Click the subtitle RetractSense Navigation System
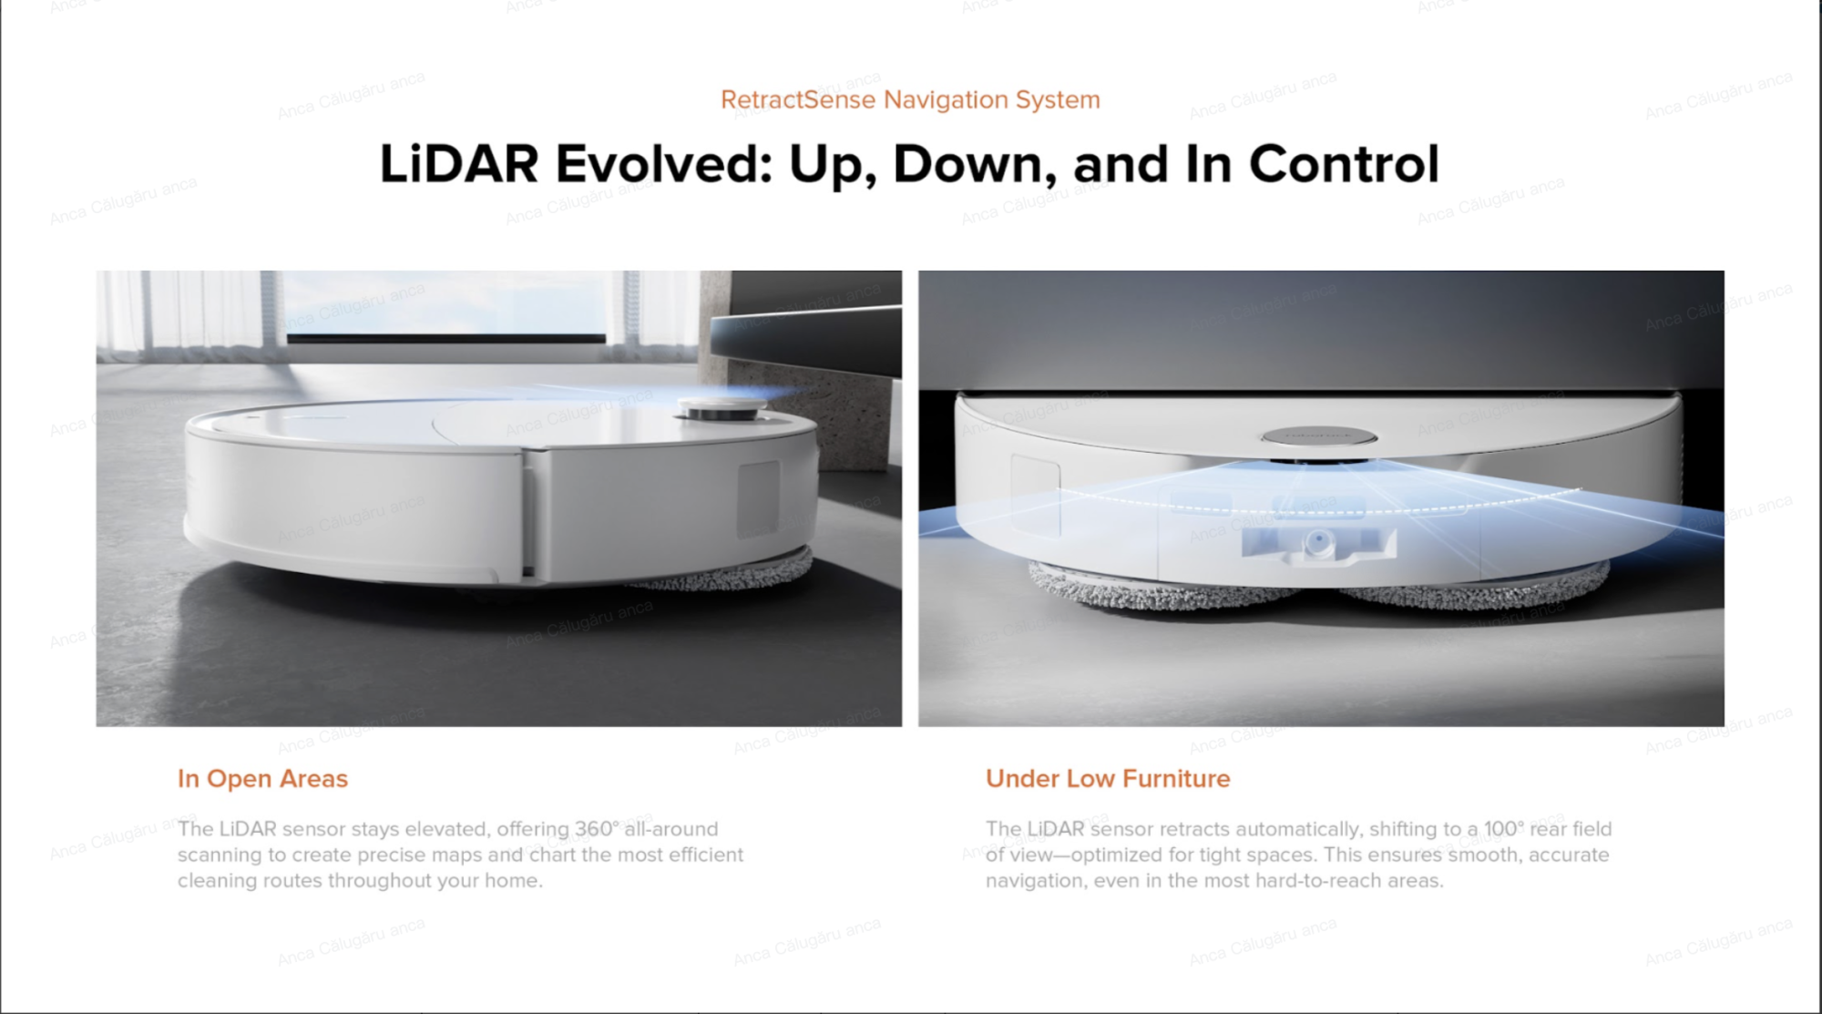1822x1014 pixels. [910, 99]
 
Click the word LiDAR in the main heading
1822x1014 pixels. [458, 164]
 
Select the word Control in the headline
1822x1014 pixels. [1344, 164]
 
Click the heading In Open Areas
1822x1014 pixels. [262, 779]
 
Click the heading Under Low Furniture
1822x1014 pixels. [1108, 779]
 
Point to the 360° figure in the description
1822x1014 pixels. [597, 829]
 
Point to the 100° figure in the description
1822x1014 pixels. [1503, 829]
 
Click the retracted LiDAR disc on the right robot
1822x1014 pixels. [1319, 436]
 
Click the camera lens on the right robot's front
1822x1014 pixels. [1317, 544]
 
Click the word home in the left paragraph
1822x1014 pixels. [512, 881]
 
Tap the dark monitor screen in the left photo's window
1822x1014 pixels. [446, 339]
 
